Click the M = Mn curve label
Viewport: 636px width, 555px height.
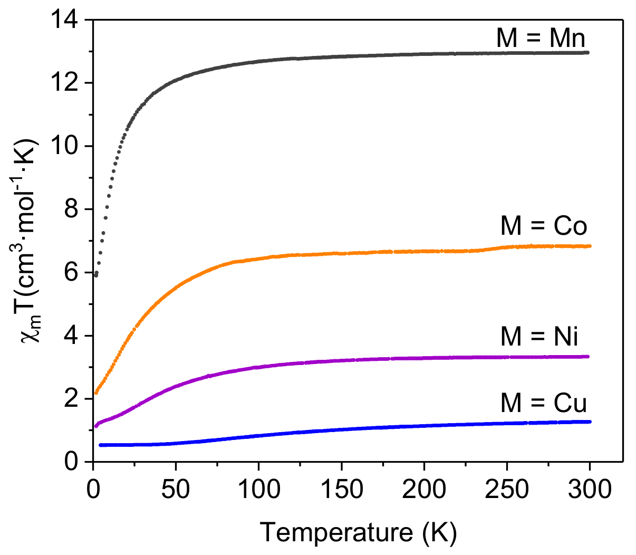click(x=541, y=39)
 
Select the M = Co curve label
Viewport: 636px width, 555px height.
click(x=544, y=226)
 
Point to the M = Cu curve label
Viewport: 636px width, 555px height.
click(x=544, y=404)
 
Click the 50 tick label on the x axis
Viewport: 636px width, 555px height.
click(x=176, y=490)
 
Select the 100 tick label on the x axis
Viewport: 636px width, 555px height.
click(x=258, y=490)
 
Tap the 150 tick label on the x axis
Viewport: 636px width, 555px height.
click(x=341, y=490)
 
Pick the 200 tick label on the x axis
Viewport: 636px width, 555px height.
click(x=424, y=490)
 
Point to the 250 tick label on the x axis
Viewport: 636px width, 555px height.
click(x=507, y=490)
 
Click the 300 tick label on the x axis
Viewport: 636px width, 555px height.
click(x=590, y=490)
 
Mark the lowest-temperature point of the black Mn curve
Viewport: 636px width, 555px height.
click(x=95, y=275)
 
